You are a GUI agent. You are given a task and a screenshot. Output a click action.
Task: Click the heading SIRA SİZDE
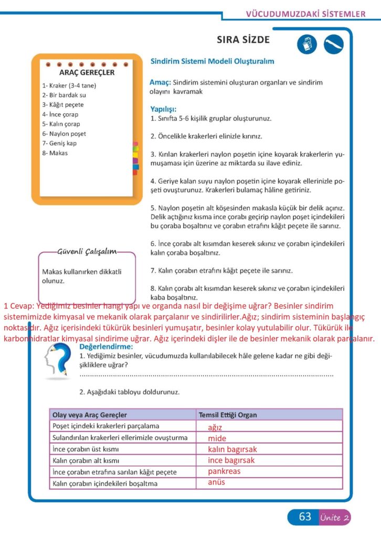[243, 40]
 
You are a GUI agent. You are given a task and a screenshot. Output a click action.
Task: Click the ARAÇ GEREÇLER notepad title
[87, 72]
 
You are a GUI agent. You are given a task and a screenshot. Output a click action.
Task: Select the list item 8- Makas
[55, 153]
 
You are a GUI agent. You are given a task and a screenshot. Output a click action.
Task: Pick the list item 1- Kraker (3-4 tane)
[69, 85]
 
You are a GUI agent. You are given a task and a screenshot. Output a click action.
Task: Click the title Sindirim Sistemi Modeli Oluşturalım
[212, 61]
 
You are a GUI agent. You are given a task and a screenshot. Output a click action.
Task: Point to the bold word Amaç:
[161, 82]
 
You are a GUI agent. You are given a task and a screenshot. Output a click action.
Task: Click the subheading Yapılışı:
[164, 110]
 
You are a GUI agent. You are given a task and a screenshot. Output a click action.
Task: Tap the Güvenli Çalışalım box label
[87, 252]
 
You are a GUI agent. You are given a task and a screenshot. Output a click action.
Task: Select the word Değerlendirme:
[107, 347]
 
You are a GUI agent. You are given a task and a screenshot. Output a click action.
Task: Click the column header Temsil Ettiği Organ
[228, 415]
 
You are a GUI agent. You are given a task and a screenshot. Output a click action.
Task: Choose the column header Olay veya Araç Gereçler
[90, 415]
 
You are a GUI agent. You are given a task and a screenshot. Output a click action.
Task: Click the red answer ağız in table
[215, 427]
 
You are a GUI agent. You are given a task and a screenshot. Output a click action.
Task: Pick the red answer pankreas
[224, 471]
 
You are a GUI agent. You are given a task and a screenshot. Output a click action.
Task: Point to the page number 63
[305, 517]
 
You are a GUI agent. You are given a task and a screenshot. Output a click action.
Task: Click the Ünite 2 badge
[334, 518]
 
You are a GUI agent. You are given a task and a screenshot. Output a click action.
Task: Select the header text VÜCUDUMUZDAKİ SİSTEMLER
[305, 14]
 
